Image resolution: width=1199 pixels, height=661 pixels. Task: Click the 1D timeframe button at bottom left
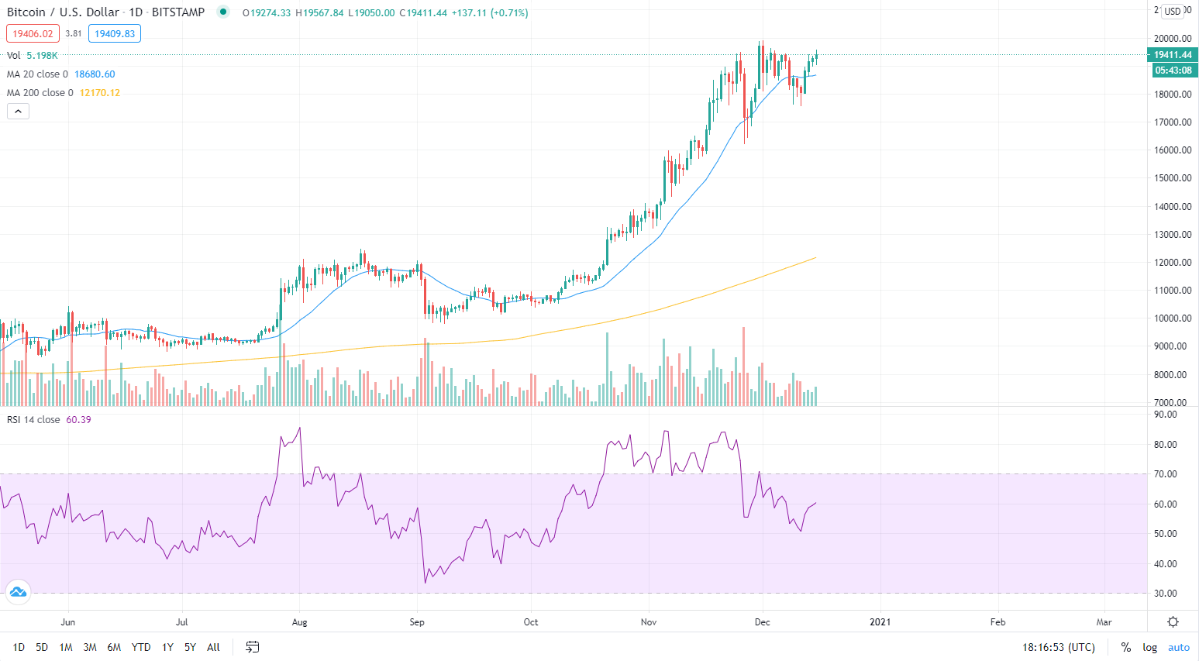pos(19,647)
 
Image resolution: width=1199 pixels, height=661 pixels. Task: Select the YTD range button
pos(141,647)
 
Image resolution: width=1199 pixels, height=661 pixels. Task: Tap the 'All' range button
pos(213,647)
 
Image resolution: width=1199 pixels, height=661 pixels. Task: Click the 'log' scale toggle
pos(1149,647)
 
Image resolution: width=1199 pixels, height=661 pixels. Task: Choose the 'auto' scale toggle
pos(1178,647)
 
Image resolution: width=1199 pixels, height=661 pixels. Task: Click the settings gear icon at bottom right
pos(1173,621)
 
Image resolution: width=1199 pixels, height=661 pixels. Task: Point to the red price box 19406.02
pos(33,33)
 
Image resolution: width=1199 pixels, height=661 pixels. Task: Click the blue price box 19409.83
pos(115,33)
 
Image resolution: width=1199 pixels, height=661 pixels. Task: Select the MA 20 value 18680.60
pos(95,74)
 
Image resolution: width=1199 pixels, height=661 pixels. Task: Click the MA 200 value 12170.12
pos(100,93)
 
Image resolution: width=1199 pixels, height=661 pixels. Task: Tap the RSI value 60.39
pos(78,420)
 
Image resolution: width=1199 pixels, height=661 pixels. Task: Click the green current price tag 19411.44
pos(1172,55)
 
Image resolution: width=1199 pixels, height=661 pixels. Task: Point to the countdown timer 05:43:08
pos(1173,71)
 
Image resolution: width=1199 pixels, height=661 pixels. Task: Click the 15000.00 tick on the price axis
pos(1172,178)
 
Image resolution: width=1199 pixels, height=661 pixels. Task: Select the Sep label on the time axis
pos(417,621)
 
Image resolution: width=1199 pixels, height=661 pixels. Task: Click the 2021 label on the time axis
pos(880,621)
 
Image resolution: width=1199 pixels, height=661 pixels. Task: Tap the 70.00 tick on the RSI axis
pos(1165,474)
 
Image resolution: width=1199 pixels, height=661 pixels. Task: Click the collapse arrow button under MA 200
pos(18,112)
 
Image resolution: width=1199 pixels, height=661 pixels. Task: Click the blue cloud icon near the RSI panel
pos(17,593)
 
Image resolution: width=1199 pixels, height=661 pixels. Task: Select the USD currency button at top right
pos(1172,11)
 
